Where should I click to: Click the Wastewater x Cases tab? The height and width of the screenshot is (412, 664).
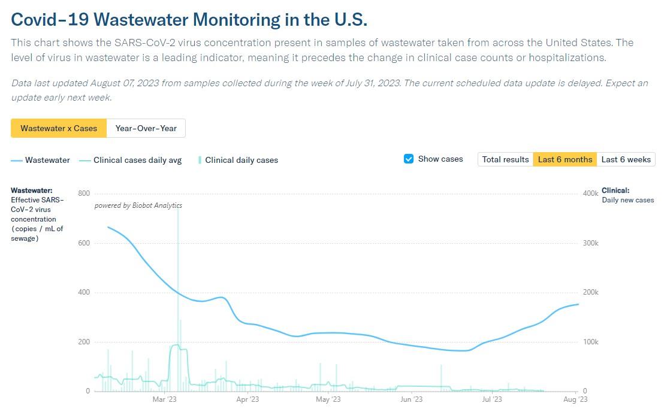(59, 128)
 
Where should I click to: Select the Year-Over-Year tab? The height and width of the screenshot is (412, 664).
(146, 128)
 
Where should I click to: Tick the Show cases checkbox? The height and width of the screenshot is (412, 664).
(409, 159)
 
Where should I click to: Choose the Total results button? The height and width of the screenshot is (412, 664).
(505, 159)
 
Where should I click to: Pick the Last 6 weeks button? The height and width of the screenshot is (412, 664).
(626, 159)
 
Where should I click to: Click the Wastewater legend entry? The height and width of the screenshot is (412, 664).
(40, 160)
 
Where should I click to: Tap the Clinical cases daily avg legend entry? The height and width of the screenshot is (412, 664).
(131, 160)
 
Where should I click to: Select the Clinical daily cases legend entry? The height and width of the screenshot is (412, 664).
(238, 160)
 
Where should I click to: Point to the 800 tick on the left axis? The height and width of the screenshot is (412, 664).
(84, 193)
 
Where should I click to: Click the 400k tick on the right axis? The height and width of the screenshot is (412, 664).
(591, 193)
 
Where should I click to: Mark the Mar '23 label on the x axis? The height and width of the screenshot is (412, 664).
(164, 399)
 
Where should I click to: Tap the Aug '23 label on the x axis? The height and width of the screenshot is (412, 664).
(575, 399)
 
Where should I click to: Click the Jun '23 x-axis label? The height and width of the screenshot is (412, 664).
(412, 399)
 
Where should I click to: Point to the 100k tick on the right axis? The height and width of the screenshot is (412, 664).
(591, 342)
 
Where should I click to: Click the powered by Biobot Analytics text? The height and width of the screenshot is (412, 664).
(138, 205)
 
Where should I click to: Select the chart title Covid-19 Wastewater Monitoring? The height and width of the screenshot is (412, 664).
(189, 20)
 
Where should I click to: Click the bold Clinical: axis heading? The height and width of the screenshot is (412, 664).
(615, 190)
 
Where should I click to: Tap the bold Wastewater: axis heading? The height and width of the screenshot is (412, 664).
(32, 190)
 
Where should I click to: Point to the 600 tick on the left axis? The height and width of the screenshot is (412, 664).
(84, 243)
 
